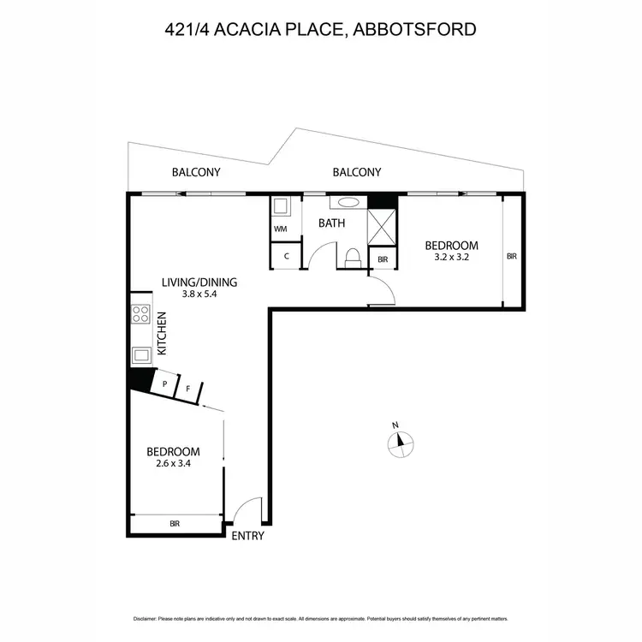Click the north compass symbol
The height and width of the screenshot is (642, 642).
(x=400, y=441)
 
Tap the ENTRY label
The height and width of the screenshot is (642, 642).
(x=247, y=537)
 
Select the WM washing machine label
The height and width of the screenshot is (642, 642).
(x=280, y=229)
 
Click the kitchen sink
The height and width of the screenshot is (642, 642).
(x=140, y=354)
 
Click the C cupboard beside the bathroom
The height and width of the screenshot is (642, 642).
(x=285, y=257)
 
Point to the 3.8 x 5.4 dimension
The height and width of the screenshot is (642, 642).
(x=199, y=294)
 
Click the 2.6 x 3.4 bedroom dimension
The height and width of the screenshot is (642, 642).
(x=173, y=464)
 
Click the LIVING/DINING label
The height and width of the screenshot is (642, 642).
(x=199, y=282)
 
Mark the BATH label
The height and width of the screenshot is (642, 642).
(x=331, y=223)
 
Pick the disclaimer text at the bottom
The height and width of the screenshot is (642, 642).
(x=321, y=618)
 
